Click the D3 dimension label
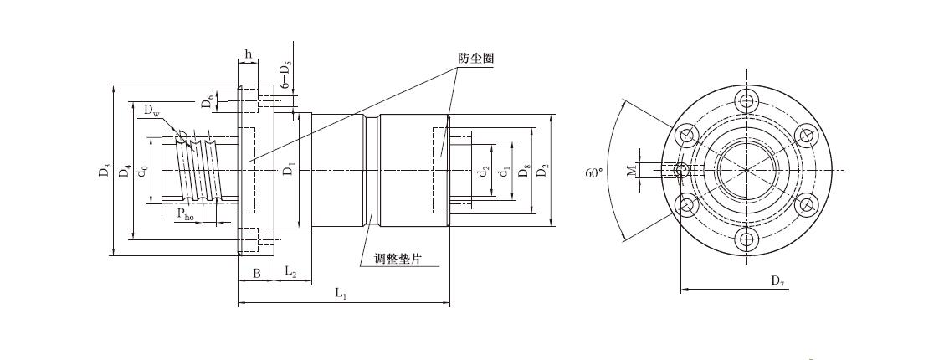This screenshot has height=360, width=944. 104,171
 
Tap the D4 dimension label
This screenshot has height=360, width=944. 125,171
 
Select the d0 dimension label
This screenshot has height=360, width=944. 145,171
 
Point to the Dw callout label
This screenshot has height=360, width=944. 151,111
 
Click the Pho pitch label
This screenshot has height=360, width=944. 185,215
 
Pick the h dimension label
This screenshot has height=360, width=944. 249,55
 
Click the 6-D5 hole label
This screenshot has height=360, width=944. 285,75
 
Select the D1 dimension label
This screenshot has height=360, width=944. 288,171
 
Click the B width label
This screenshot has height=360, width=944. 256,273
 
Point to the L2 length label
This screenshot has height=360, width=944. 291,272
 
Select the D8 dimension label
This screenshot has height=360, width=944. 524,172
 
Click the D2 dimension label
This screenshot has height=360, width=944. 544,172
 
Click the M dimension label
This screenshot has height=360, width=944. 633,171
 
